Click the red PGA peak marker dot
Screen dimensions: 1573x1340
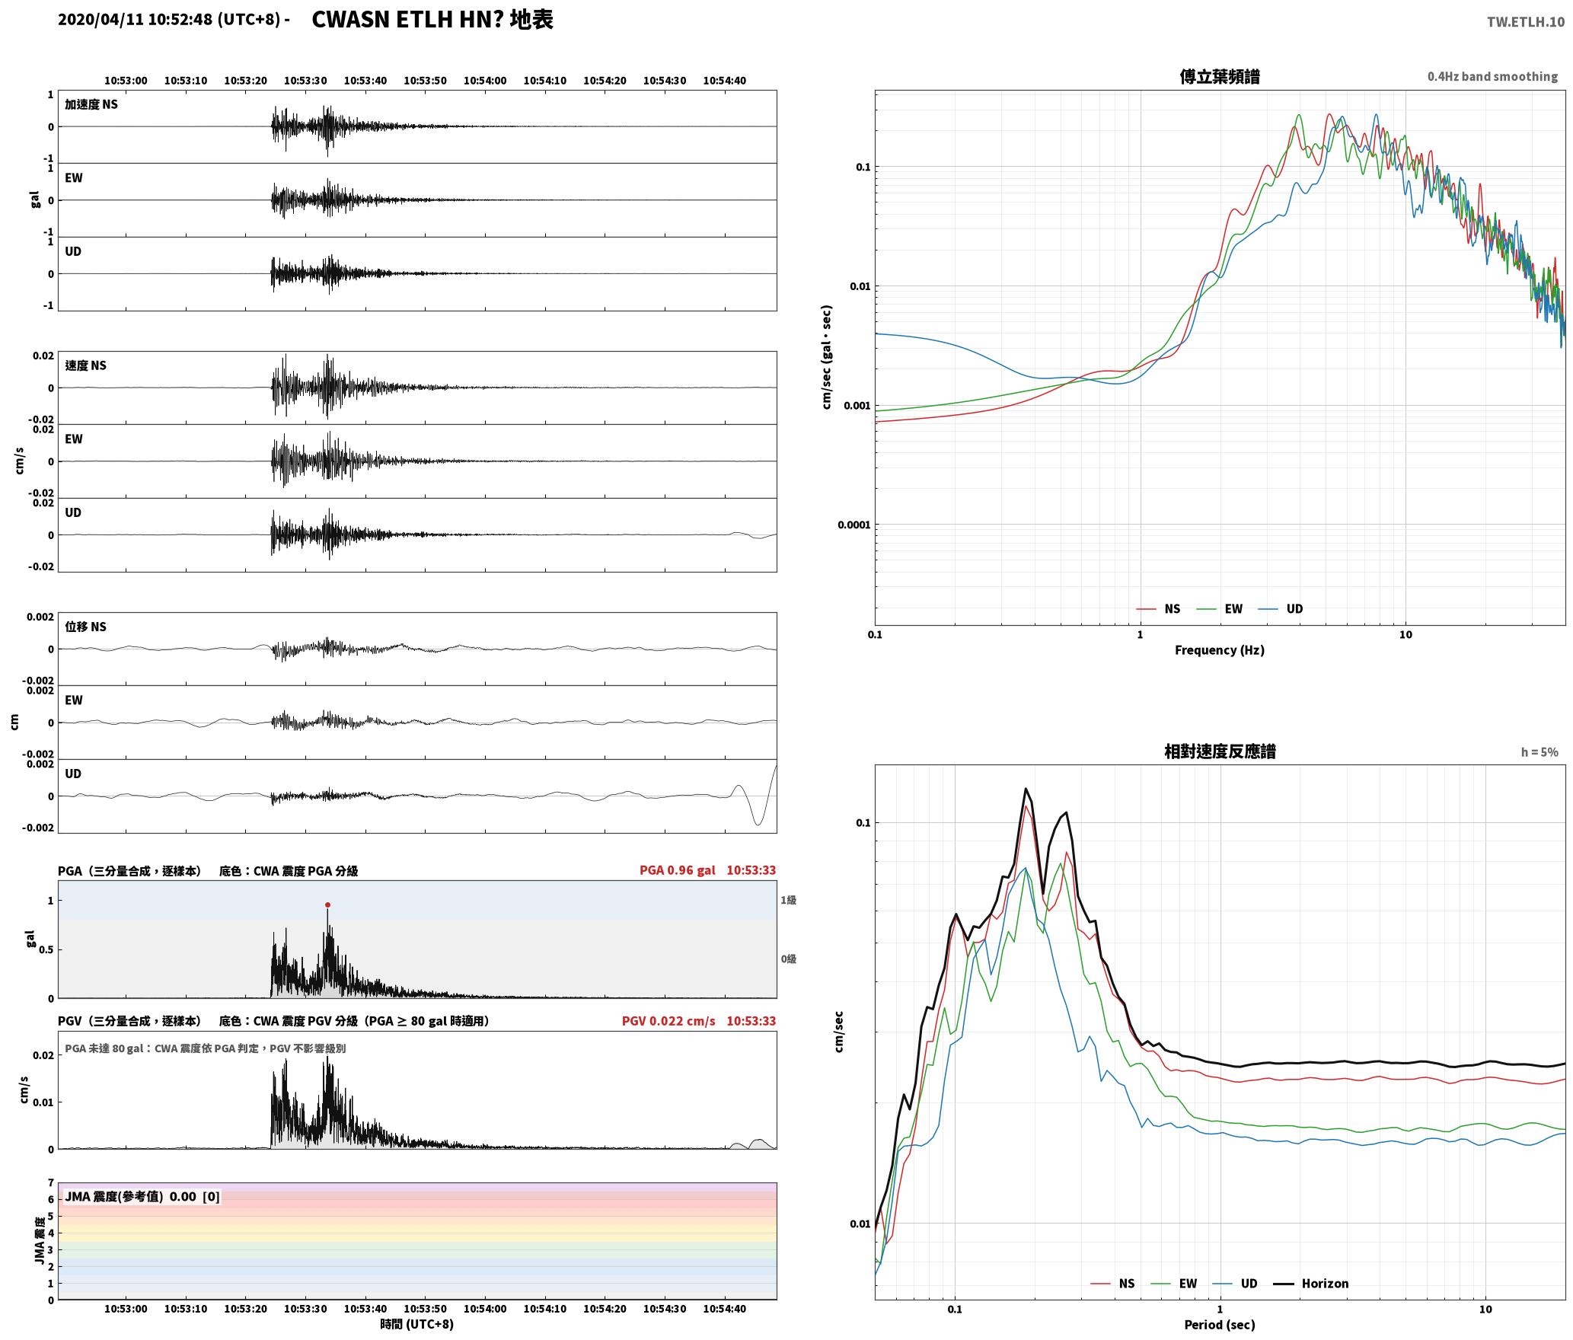point(327,905)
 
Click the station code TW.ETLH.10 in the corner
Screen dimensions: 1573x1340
point(1525,21)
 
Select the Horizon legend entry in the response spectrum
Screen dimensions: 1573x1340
point(1311,1283)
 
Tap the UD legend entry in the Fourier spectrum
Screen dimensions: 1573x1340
point(1280,608)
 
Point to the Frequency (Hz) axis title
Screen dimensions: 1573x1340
point(1219,649)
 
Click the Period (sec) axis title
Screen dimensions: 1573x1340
point(1219,1325)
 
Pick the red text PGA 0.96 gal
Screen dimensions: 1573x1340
point(677,870)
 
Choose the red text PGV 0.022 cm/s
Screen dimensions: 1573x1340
point(668,1021)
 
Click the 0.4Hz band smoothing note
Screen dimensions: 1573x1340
point(1492,76)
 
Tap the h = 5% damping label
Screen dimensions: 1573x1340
point(1539,752)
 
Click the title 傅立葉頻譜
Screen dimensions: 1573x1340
point(1219,76)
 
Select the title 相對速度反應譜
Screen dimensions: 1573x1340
point(1219,751)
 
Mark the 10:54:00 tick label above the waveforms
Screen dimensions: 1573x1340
point(484,80)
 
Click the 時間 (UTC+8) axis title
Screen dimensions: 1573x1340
point(416,1324)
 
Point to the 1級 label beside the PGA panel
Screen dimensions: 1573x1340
point(788,900)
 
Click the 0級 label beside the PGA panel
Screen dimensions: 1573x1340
point(788,959)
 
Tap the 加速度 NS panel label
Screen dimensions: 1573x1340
point(91,104)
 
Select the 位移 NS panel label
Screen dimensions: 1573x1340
point(85,627)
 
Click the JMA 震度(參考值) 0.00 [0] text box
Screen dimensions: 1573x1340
point(142,1196)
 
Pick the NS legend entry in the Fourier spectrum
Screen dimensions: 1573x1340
point(1158,608)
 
